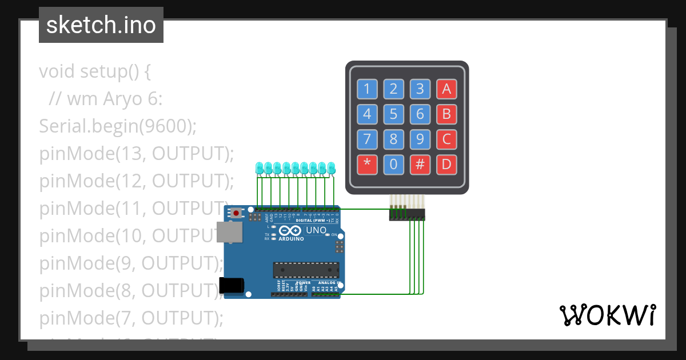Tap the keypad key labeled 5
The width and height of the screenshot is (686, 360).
click(393, 114)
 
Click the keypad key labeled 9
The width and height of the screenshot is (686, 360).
click(420, 139)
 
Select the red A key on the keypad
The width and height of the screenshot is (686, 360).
click(446, 89)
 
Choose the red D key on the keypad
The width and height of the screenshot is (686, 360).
click(446, 165)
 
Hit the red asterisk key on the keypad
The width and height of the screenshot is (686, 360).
click(367, 165)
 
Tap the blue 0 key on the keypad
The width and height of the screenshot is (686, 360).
click(393, 165)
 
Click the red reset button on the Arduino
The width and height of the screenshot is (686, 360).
click(236, 213)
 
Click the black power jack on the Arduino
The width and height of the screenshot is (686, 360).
click(232, 285)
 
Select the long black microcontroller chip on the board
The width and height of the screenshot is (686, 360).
click(306, 269)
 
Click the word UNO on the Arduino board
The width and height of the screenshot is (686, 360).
click(316, 230)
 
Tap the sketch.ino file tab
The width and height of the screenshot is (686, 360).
click(101, 25)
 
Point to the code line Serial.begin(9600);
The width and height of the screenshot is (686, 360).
click(118, 126)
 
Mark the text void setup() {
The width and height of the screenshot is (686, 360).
click(95, 72)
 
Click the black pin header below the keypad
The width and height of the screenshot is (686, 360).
click(408, 214)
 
